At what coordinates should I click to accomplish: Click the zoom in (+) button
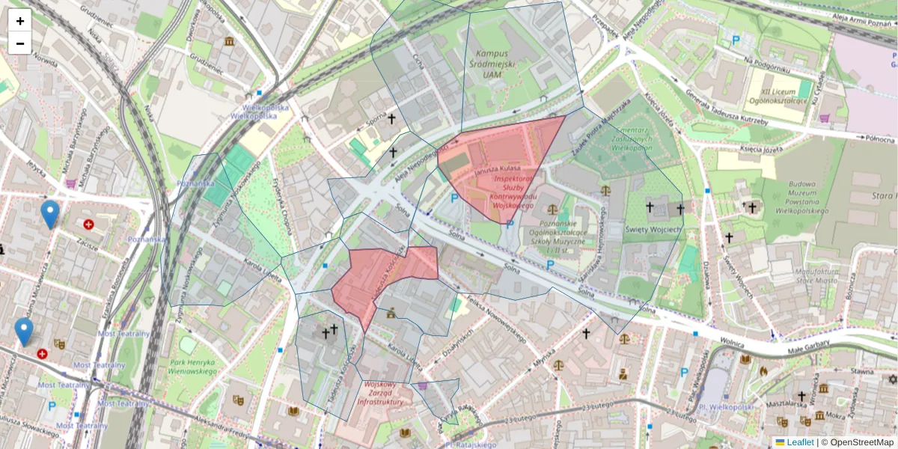click(20, 21)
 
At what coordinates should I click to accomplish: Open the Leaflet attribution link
click(799, 442)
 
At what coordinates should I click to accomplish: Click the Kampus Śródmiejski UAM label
click(491, 64)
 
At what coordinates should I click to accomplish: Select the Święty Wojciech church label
click(653, 229)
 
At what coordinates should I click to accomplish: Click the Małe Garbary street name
click(807, 351)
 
